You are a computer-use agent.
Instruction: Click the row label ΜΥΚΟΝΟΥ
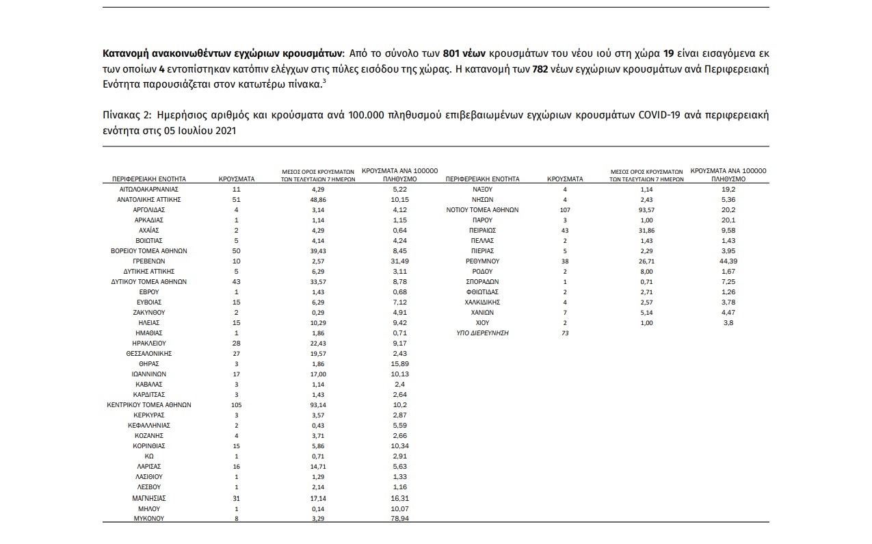pos(149,519)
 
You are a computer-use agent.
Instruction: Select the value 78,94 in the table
pos(399,519)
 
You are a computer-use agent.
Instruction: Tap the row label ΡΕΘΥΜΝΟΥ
pos(482,261)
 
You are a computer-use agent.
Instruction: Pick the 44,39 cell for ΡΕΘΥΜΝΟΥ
pos(728,261)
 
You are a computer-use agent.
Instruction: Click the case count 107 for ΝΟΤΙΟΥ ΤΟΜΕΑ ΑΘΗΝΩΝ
pos(565,210)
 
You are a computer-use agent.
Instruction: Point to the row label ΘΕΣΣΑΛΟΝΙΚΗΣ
pos(149,354)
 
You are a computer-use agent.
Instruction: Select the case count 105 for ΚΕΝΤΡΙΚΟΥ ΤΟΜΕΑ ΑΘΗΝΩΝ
pos(236,405)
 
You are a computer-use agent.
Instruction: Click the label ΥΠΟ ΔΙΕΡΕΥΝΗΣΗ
pos(482,333)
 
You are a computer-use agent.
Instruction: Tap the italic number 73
pos(565,333)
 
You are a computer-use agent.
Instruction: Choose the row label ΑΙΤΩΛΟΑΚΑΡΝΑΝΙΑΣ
pos(149,189)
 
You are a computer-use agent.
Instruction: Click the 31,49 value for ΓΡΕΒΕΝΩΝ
pos(399,261)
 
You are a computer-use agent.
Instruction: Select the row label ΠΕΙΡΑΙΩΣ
pos(482,231)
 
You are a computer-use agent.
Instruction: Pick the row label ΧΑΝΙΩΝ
pos(482,313)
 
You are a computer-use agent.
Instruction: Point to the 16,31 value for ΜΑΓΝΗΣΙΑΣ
pos(399,499)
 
